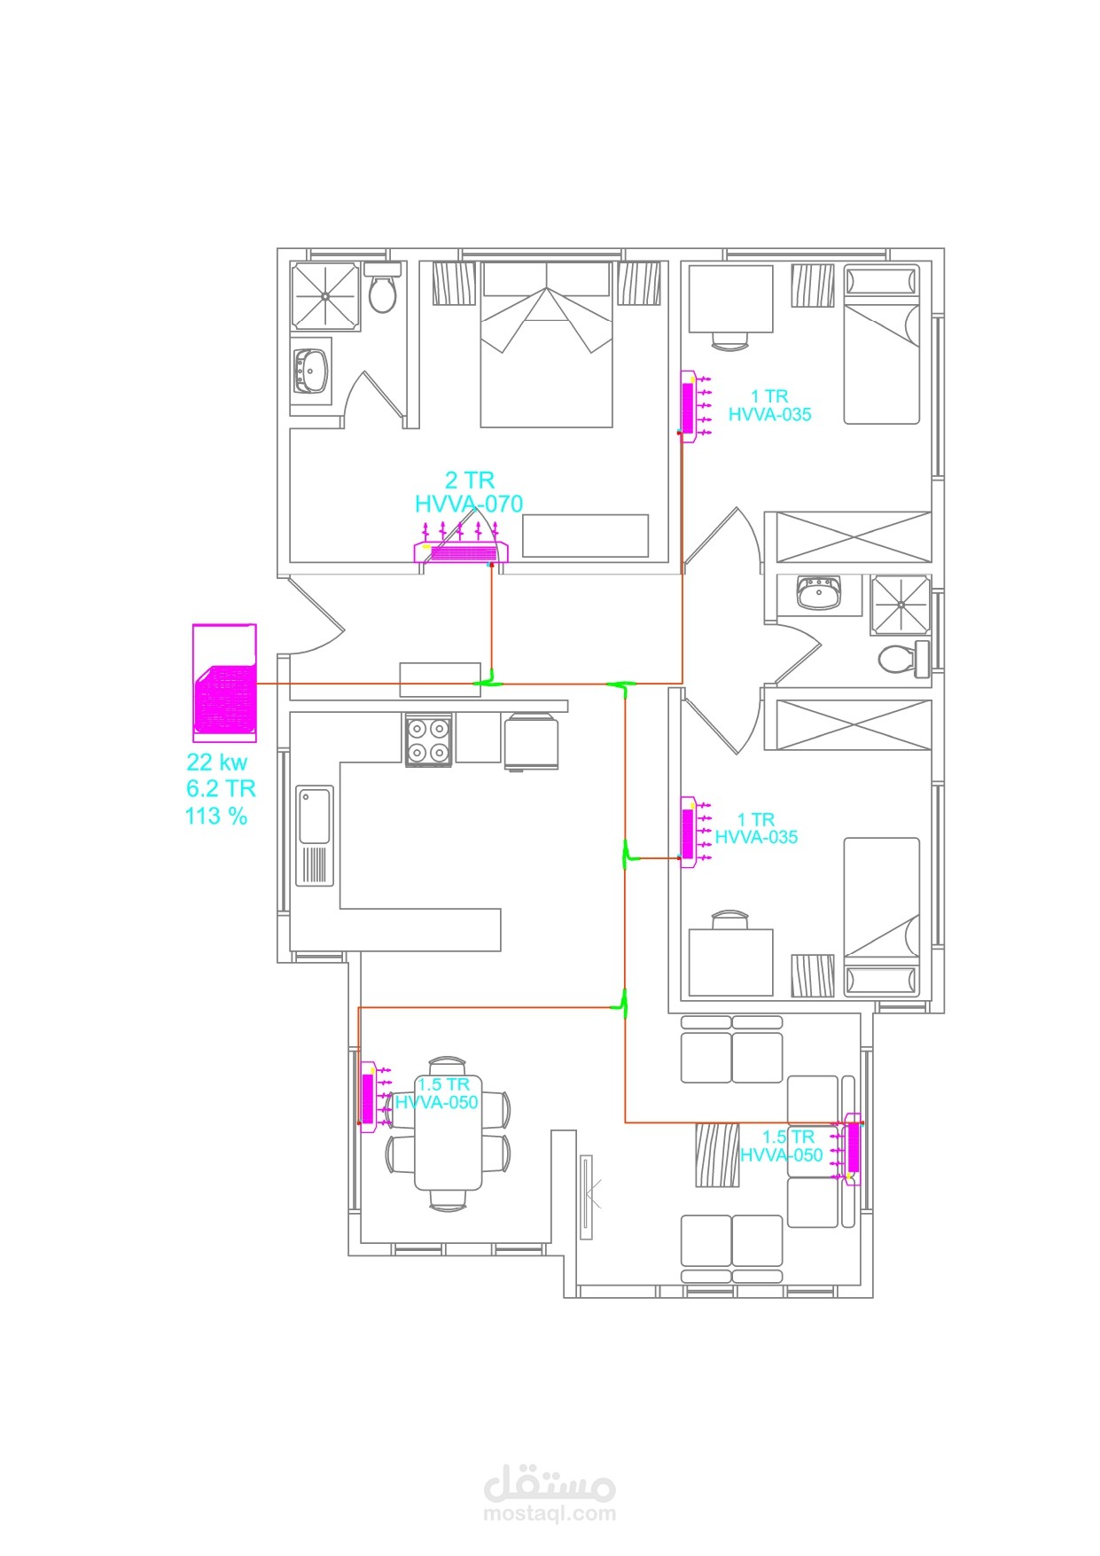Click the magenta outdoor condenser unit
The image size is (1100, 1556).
click(225, 683)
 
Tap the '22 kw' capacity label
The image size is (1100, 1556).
click(217, 762)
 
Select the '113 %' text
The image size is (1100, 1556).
click(216, 817)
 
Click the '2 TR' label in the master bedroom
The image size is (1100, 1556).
click(469, 481)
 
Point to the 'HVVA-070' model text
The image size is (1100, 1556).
click(469, 504)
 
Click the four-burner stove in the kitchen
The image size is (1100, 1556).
click(429, 741)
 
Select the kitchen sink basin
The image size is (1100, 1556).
click(315, 816)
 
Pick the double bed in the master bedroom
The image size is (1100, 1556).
click(547, 345)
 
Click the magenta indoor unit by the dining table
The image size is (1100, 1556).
click(369, 1098)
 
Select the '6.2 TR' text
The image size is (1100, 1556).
click(221, 789)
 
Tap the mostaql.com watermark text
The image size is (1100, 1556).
click(550, 1514)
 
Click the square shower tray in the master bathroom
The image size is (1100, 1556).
click(325, 296)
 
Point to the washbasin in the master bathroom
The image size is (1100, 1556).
click(311, 371)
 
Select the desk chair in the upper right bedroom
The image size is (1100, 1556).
click(730, 340)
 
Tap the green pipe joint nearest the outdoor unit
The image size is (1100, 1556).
click(487, 684)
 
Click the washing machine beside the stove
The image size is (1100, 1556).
click(531, 742)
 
